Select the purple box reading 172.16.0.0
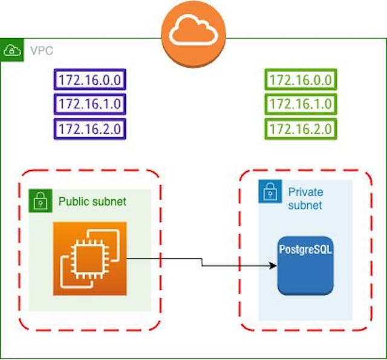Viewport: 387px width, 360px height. (90, 80)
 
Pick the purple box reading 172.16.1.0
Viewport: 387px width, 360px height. (90, 104)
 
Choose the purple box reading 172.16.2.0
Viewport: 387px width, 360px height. (90, 128)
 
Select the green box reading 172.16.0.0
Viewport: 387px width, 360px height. (300, 80)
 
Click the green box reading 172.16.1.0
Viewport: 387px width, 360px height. (300, 104)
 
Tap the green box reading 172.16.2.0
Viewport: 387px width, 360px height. (300, 128)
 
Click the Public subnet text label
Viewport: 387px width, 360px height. (92, 201)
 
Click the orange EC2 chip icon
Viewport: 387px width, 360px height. (89, 258)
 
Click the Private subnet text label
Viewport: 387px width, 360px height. (305, 199)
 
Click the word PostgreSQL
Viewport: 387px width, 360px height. (305, 249)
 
